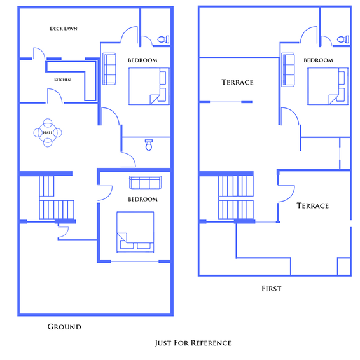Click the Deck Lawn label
click(64, 29)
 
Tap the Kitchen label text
click(62, 80)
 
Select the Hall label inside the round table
click(48, 133)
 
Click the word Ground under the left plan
click(64, 327)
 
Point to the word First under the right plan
click(272, 289)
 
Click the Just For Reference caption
click(193, 343)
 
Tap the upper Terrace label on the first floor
click(237, 82)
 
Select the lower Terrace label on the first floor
click(313, 205)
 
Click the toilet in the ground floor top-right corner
click(163, 39)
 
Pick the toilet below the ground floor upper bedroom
click(149, 145)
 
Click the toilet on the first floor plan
click(343, 39)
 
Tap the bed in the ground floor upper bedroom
click(149, 87)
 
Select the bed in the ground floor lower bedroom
click(135, 232)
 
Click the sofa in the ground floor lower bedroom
click(145, 183)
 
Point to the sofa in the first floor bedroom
click(288, 69)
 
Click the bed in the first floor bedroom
click(328, 87)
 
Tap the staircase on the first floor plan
click(236, 197)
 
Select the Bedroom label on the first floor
click(318, 60)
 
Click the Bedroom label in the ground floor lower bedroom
click(143, 199)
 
